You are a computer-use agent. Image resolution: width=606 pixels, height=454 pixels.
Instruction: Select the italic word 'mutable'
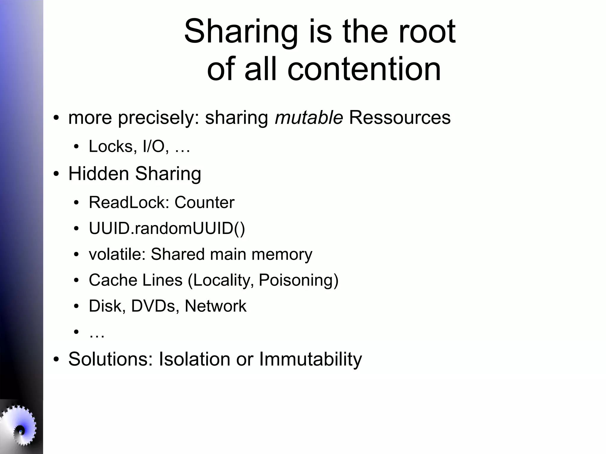point(309,117)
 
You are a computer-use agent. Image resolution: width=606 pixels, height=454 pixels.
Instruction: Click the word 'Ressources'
point(400,117)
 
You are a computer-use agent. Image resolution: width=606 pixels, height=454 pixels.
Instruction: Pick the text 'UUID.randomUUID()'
point(167,228)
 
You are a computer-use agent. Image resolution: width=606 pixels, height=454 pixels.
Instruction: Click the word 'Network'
point(215,306)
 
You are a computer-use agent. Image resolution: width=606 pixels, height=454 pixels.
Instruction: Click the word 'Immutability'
point(310,359)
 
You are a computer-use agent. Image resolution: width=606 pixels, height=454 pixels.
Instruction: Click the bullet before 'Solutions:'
point(56,360)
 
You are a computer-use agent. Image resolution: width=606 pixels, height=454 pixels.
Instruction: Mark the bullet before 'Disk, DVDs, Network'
point(76,306)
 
